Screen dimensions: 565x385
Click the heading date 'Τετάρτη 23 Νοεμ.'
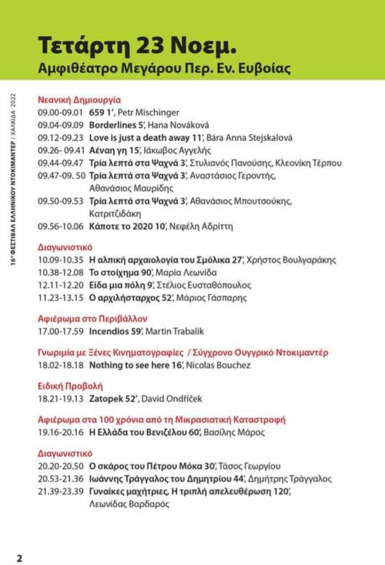pos(137,45)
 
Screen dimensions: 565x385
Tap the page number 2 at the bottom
pos(19,558)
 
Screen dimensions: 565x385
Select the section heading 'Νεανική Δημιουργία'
pos(79,100)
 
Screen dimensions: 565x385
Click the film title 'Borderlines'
pos(113,125)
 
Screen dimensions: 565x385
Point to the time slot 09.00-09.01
pos(60,112)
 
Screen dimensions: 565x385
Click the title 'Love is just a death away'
pos(139,138)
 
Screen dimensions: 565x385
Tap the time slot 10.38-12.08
pos(60,273)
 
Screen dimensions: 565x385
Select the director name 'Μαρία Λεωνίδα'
pos(186,273)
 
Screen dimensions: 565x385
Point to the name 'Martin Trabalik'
pos(174,331)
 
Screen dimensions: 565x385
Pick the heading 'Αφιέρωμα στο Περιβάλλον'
pos(92,319)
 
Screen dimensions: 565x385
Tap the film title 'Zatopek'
pos(106,399)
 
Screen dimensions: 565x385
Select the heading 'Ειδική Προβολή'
pos(70,386)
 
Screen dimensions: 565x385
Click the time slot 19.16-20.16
pos(60,432)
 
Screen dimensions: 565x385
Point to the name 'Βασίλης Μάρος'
pos(234,432)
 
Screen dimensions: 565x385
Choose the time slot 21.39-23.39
pos(60,492)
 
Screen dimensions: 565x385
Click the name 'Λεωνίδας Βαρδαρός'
pos(129,504)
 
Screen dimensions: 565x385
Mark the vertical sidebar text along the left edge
pos(13,179)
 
